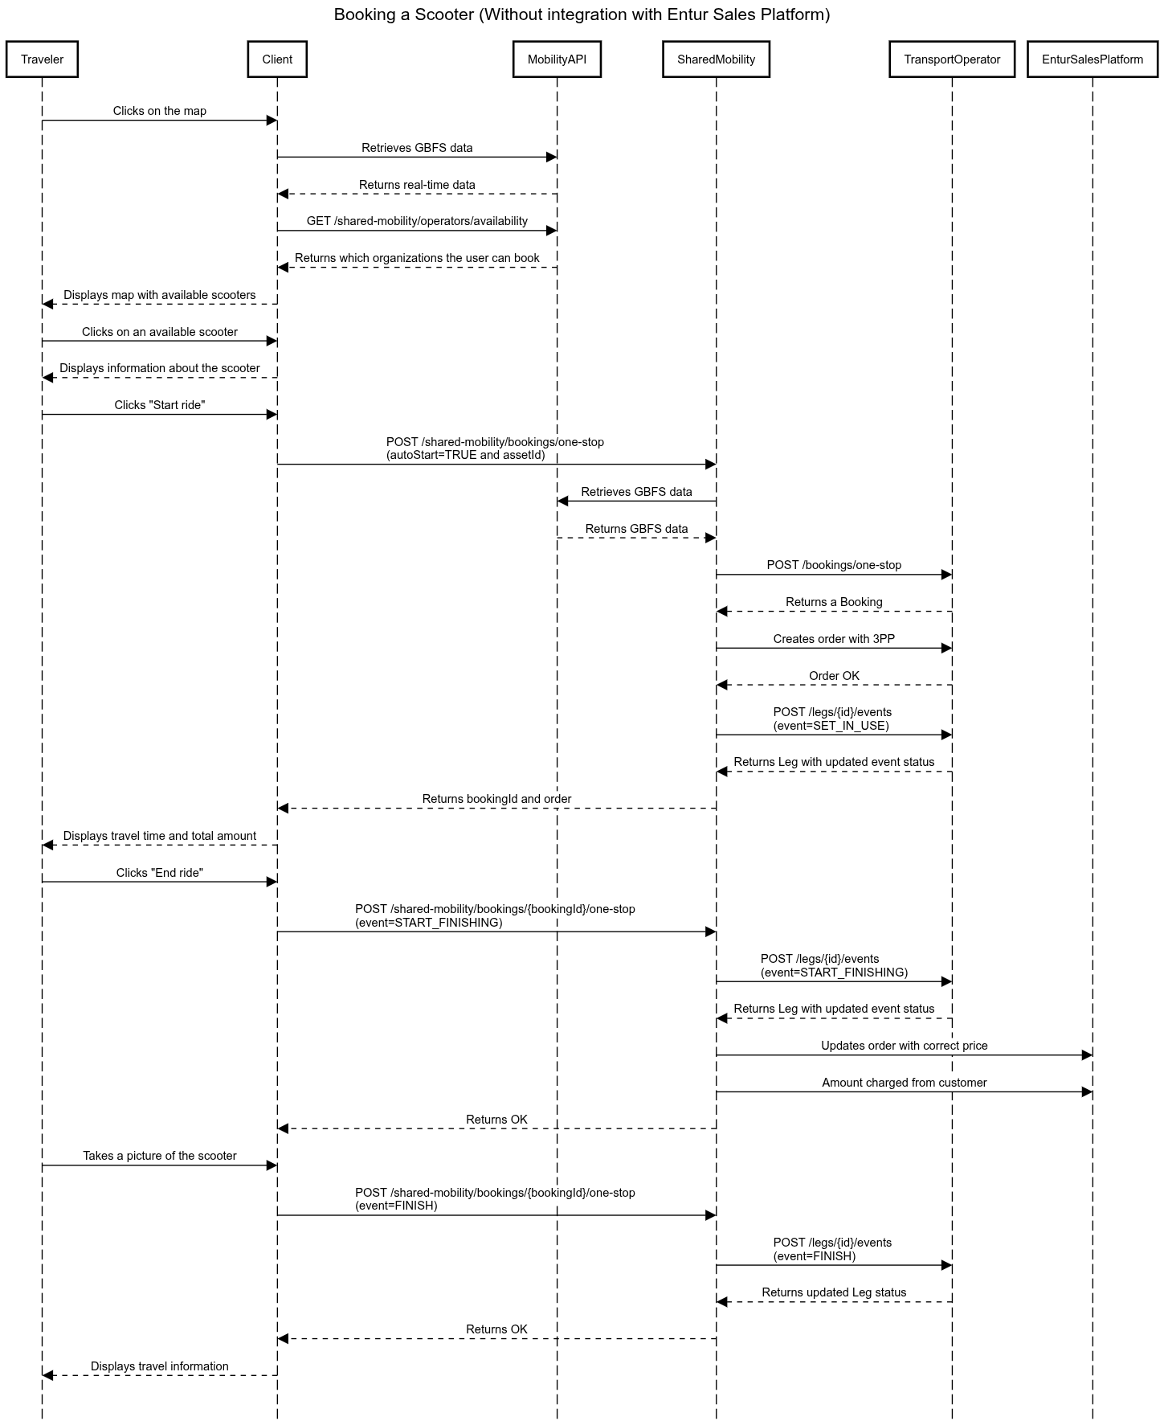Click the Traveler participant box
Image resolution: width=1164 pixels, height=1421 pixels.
(42, 59)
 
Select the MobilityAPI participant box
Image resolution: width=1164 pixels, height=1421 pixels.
(557, 59)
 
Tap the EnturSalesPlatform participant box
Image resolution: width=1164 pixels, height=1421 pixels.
(1093, 59)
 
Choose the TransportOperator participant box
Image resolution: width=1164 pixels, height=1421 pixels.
(952, 59)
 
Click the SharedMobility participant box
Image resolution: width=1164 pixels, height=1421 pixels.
(716, 59)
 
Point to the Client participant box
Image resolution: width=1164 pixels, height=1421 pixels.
(277, 59)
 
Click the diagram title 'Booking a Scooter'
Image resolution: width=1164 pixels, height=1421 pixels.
(404, 14)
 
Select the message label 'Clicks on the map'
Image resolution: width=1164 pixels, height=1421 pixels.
(160, 111)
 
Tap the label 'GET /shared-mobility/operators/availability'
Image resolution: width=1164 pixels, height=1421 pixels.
(417, 221)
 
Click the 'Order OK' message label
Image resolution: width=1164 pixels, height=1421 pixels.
(834, 676)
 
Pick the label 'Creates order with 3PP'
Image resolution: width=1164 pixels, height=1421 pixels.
(834, 639)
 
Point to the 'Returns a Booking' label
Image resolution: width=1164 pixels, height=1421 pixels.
(834, 602)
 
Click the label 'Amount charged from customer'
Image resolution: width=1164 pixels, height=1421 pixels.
(904, 1083)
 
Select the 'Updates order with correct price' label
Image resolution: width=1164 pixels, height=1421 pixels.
(904, 1046)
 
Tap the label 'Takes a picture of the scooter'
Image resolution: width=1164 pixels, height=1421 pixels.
(160, 1156)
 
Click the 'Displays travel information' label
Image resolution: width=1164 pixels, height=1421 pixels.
(160, 1366)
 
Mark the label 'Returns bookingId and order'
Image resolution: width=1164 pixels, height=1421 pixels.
(496, 799)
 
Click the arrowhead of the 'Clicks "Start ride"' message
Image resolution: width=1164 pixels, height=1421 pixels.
(272, 415)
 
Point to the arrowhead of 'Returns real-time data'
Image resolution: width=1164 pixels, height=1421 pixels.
(283, 194)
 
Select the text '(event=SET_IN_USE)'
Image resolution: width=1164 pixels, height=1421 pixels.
(831, 726)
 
